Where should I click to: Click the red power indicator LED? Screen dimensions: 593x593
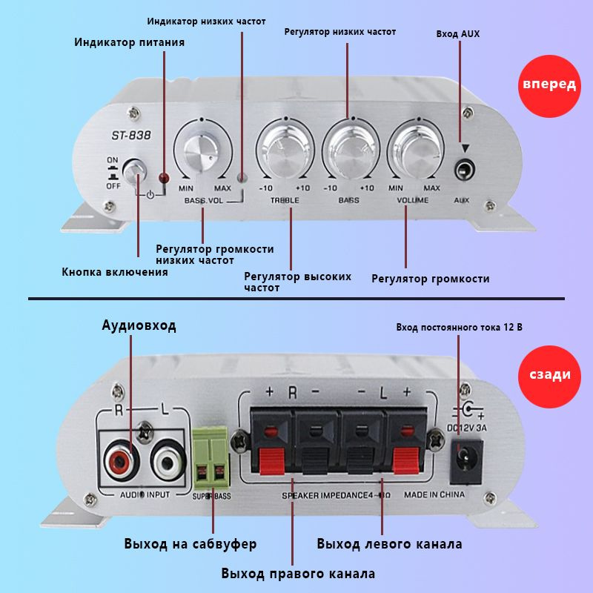(165, 178)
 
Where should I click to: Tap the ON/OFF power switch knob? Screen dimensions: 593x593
(136, 172)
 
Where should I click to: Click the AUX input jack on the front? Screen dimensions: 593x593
(465, 170)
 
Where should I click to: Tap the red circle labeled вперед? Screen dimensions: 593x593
(549, 85)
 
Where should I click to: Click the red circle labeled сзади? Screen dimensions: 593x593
(549, 374)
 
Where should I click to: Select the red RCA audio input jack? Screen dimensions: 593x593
(120, 463)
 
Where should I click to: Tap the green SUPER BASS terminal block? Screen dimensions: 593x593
(211, 460)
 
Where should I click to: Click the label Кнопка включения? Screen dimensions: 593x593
(114, 271)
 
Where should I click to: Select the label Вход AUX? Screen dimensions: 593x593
(457, 34)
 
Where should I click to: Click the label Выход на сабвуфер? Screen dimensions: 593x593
(191, 544)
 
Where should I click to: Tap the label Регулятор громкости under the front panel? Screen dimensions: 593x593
(430, 279)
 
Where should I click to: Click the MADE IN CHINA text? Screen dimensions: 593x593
(434, 494)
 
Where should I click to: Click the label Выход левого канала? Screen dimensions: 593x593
(389, 544)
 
